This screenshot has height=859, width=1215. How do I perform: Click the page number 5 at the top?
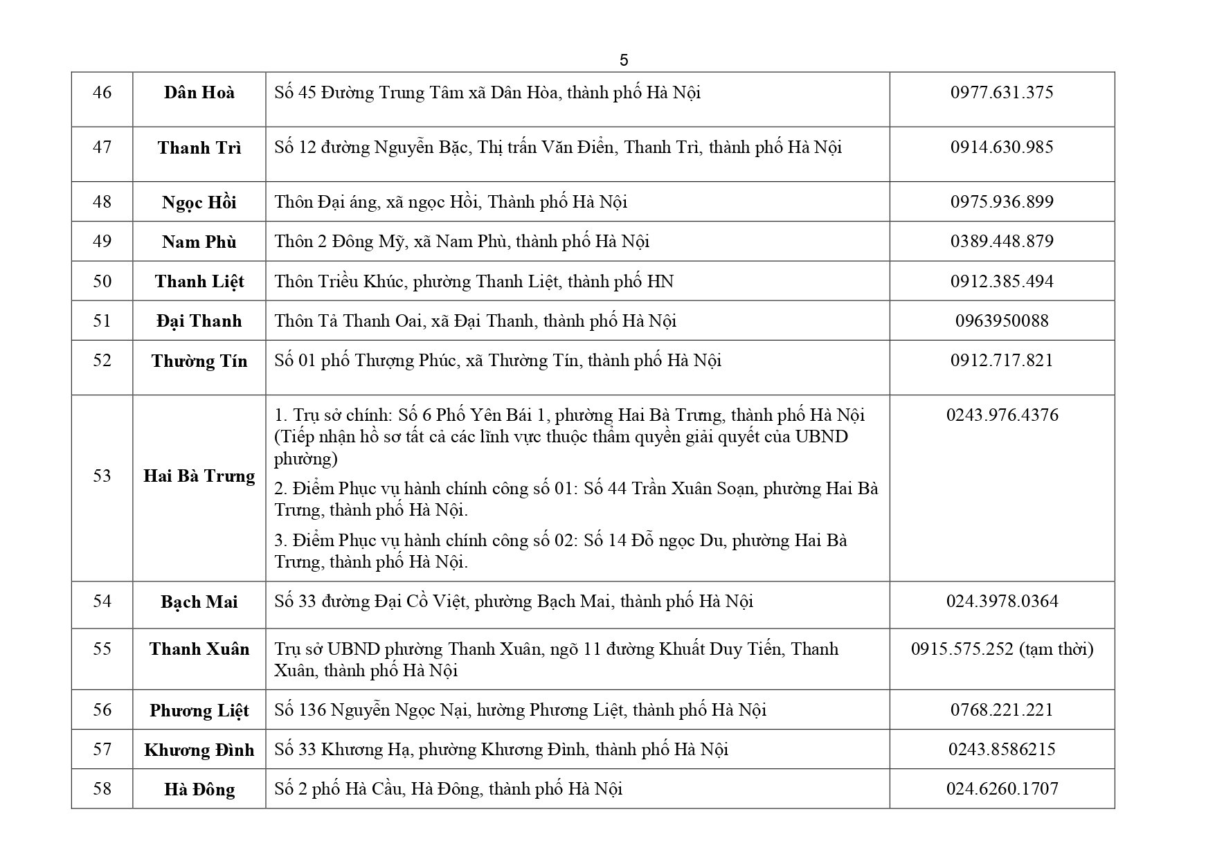(624, 60)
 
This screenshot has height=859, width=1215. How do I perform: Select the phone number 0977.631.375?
(1001, 92)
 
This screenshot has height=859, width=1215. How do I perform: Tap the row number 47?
(102, 147)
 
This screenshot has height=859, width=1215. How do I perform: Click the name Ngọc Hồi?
(199, 202)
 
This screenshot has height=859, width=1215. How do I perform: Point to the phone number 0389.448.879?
(1001, 241)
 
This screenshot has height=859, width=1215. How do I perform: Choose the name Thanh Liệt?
(199, 281)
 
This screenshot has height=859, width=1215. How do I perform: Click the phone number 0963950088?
(1001, 320)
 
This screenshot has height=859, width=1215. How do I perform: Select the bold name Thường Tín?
(199, 361)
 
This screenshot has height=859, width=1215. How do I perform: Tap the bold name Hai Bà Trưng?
(199, 476)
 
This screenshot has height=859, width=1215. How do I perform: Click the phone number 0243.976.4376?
(1001, 415)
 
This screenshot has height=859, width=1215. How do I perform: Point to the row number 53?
(102, 476)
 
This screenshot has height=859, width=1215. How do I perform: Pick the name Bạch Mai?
(199, 602)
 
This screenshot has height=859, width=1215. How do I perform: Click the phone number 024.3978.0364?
(1001, 601)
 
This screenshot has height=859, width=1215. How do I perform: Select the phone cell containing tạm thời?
(1001, 649)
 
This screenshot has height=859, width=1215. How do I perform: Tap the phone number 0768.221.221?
(1001, 709)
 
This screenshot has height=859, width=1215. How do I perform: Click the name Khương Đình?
(199, 750)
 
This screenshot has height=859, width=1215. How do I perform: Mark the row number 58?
(102, 788)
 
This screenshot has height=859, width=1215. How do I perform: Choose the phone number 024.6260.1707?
(1001, 788)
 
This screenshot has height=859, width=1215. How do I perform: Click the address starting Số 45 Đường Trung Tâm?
(487, 92)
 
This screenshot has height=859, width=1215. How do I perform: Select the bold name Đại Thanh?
(199, 320)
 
